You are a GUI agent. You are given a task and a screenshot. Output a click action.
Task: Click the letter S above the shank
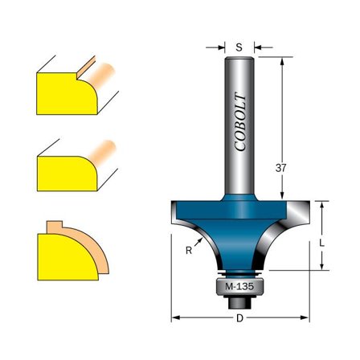click(239, 47)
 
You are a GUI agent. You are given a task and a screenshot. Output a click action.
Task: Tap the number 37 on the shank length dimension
click(280, 169)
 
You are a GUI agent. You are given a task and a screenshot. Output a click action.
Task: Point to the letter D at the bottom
click(239, 318)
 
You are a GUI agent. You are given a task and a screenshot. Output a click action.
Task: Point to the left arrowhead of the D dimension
click(174, 318)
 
